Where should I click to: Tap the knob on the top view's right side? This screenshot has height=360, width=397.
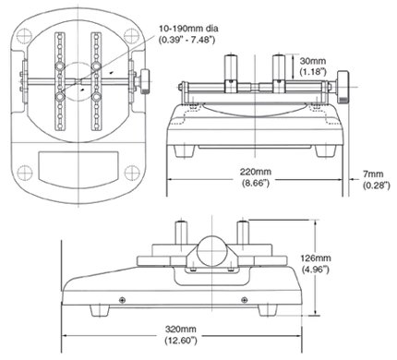144,82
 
